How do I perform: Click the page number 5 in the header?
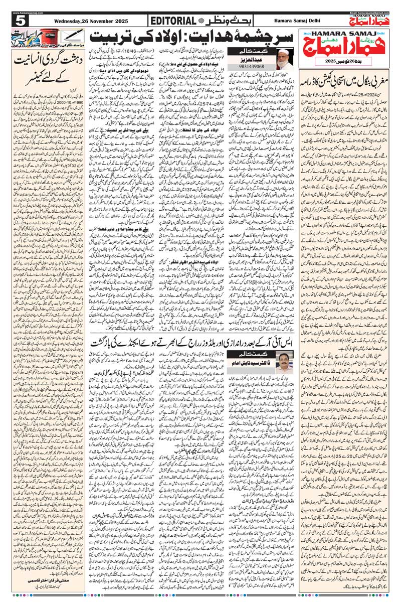20,21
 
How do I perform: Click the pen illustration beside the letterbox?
75,35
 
